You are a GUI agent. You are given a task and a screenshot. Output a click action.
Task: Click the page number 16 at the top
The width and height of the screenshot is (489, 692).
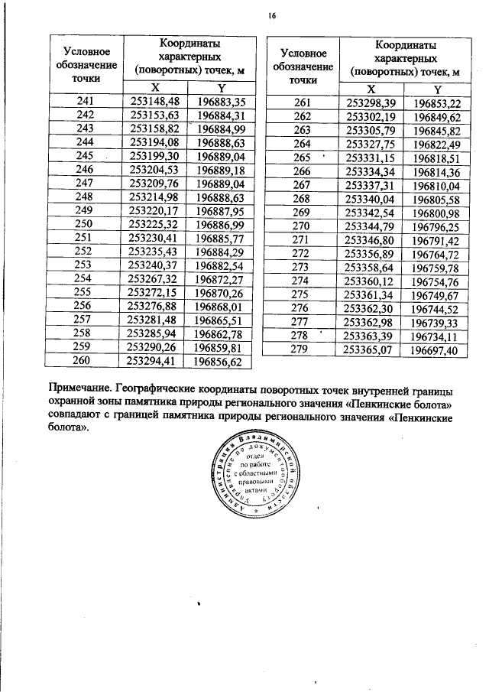pyautogui.click(x=272, y=16)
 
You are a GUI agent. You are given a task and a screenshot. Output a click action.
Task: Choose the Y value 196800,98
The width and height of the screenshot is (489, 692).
pyautogui.click(x=437, y=212)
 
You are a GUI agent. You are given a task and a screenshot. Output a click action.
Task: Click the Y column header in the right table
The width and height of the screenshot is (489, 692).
pyautogui.click(x=437, y=89)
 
